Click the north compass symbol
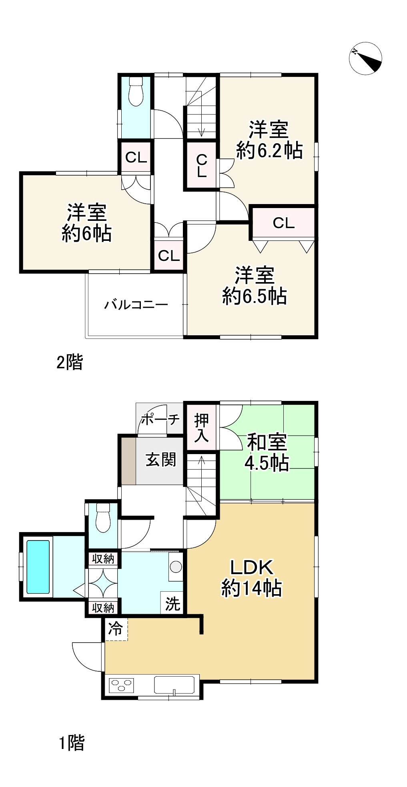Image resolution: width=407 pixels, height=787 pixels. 365,58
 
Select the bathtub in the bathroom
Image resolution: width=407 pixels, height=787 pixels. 38,567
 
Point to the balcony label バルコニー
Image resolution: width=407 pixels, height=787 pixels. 136,305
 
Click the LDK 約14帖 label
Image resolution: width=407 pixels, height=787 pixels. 251,578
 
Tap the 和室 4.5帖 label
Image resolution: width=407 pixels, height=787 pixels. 267,453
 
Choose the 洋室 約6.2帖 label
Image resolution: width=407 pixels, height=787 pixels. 269,140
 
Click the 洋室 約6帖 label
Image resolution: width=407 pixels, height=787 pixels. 86,222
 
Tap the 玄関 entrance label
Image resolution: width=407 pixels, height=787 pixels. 160,459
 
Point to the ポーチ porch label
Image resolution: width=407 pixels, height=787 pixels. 160,419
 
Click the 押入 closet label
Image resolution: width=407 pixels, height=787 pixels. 201,428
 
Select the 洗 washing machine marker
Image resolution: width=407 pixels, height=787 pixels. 172,603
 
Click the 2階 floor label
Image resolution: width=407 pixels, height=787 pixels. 70,362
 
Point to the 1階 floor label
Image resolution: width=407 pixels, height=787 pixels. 72,743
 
